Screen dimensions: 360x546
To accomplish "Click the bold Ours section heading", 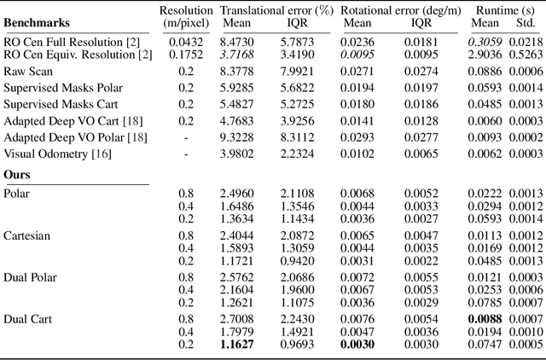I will [18, 175].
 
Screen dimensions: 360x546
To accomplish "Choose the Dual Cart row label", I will [27, 318].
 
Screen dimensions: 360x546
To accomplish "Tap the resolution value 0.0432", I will [178, 40].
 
